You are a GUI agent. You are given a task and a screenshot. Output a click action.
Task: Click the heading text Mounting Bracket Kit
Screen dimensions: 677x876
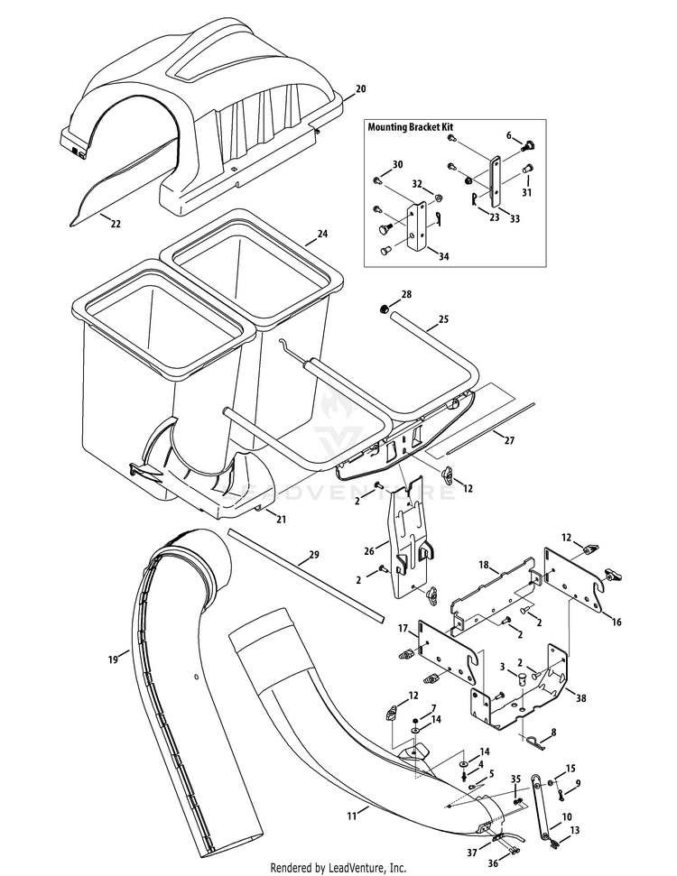click(410, 127)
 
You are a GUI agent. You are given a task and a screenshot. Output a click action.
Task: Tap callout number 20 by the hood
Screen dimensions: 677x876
click(360, 88)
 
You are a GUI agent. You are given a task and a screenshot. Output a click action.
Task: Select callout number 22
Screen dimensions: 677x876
click(116, 224)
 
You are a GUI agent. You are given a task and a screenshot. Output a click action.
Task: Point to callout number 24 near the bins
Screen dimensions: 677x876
click(322, 234)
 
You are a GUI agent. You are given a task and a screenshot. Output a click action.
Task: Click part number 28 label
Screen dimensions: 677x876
click(406, 294)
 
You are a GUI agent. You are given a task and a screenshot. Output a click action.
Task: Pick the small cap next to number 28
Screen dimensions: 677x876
click(384, 309)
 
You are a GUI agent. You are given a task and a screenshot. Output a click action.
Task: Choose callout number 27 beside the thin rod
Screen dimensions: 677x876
click(509, 440)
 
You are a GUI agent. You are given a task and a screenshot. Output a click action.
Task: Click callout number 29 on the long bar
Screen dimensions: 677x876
click(313, 554)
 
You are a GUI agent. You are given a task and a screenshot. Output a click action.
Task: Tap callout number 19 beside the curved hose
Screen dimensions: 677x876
click(113, 659)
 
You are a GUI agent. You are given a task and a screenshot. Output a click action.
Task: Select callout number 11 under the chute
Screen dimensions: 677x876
click(351, 816)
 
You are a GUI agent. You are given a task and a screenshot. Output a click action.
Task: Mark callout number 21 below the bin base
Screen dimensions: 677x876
click(281, 519)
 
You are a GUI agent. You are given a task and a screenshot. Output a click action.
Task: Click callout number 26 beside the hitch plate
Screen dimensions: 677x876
click(369, 551)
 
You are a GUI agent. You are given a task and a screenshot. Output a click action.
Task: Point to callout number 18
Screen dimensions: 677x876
click(484, 566)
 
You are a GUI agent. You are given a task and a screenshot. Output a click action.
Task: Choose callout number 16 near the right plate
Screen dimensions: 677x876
click(616, 622)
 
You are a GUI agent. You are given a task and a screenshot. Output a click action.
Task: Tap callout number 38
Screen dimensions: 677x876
click(580, 697)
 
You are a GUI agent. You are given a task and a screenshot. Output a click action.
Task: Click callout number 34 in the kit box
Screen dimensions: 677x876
click(443, 256)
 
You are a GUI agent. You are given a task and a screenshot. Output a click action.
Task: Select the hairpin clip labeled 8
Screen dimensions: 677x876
click(535, 742)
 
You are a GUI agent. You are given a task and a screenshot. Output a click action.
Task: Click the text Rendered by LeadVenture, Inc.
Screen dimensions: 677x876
click(338, 868)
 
